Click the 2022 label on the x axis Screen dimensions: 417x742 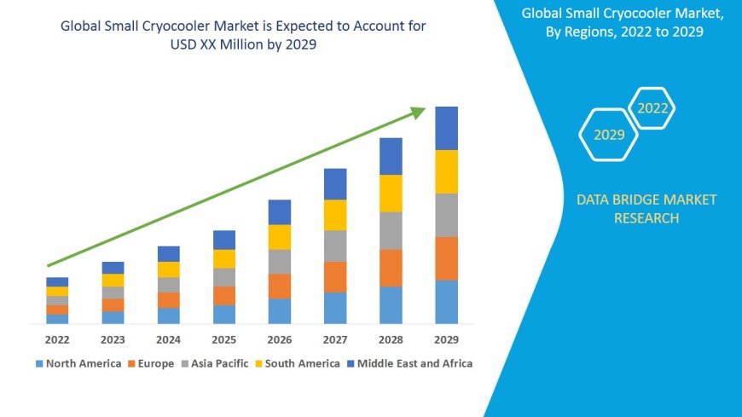coord(57,339)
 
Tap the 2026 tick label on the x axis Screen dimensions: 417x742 coord(280,339)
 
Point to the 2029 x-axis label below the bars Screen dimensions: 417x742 coord(446,339)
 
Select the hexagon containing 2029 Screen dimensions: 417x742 coord(608,135)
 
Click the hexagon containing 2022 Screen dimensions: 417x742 coord(652,108)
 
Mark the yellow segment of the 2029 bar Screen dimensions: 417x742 coord(446,171)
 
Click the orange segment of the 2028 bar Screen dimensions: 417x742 coord(391,268)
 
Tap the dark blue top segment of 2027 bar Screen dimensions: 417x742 coord(335,184)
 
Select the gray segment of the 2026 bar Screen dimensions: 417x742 coord(280,261)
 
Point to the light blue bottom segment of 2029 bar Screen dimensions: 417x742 coord(446,302)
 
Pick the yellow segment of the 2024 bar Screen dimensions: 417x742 coord(169,269)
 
